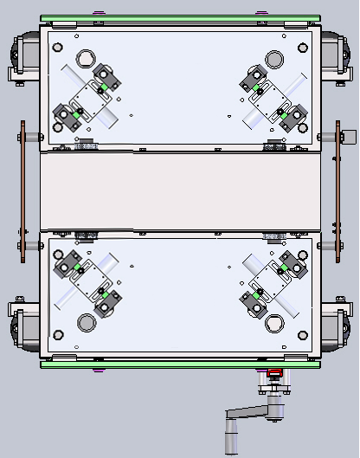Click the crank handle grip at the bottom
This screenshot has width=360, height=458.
point(230,436)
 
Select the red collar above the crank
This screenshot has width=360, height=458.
point(274,374)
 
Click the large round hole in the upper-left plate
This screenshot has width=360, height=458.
point(86,59)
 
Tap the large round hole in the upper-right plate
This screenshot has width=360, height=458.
point(274,59)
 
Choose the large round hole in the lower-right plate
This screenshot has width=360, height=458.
point(274,323)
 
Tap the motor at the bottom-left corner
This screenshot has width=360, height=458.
point(24,327)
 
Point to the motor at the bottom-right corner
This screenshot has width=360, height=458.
point(336,327)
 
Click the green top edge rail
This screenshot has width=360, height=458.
point(180,19)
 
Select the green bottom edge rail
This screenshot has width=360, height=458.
point(180,364)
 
